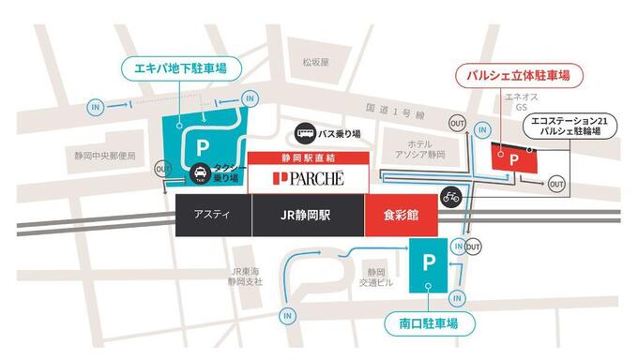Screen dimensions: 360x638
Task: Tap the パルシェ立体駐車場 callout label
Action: click(513, 73)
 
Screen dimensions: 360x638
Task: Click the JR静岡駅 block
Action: click(308, 215)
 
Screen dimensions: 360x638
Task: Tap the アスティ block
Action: click(213, 215)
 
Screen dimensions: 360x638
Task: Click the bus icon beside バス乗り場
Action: click(307, 134)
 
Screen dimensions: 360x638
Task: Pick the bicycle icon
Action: click(451, 197)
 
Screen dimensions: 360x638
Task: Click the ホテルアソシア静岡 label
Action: click(418, 150)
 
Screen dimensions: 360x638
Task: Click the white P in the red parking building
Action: click(512, 160)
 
